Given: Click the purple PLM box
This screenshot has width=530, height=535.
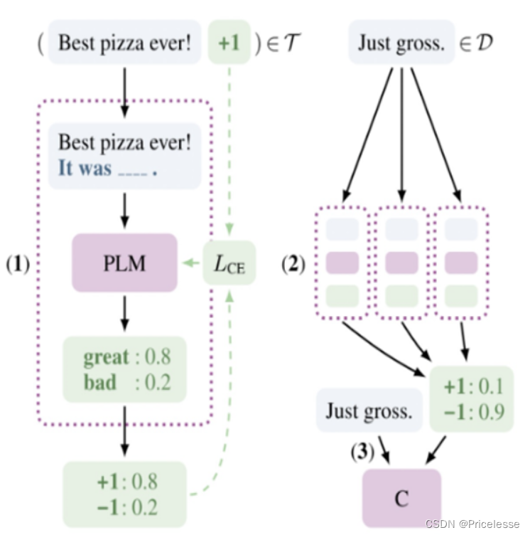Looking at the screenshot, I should point(124,263).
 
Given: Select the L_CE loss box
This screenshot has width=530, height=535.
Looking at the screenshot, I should point(229,264).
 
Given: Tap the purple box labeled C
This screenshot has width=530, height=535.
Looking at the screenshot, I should point(401,499).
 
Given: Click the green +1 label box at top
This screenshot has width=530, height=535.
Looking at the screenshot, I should point(229,42).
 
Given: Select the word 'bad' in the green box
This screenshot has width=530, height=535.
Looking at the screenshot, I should point(99,382).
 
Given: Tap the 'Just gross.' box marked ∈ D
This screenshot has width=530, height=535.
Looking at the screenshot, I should point(401,43).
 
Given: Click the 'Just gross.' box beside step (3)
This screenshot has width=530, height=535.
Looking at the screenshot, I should point(368,410).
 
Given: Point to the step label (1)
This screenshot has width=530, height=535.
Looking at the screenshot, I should point(18,265).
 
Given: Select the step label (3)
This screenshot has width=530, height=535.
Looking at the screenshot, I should point(363,451).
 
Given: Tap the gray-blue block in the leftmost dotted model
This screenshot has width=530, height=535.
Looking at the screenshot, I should point(342,229).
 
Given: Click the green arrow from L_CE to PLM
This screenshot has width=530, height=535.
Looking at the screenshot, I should point(190,264).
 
